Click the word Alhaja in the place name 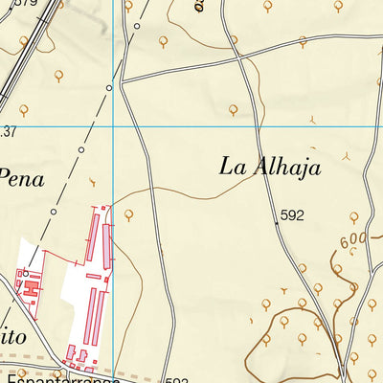coord(285,167)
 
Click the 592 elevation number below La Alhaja coord(292,216)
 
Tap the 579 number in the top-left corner coord(23,4)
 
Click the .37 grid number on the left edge coord(9,130)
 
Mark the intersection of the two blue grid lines coord(113,125)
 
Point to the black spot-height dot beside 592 coord(276,223)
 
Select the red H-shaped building coord(30,284)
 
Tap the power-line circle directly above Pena coord(81,150)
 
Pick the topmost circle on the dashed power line coord(137,27)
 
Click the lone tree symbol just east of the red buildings coord(128,214)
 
